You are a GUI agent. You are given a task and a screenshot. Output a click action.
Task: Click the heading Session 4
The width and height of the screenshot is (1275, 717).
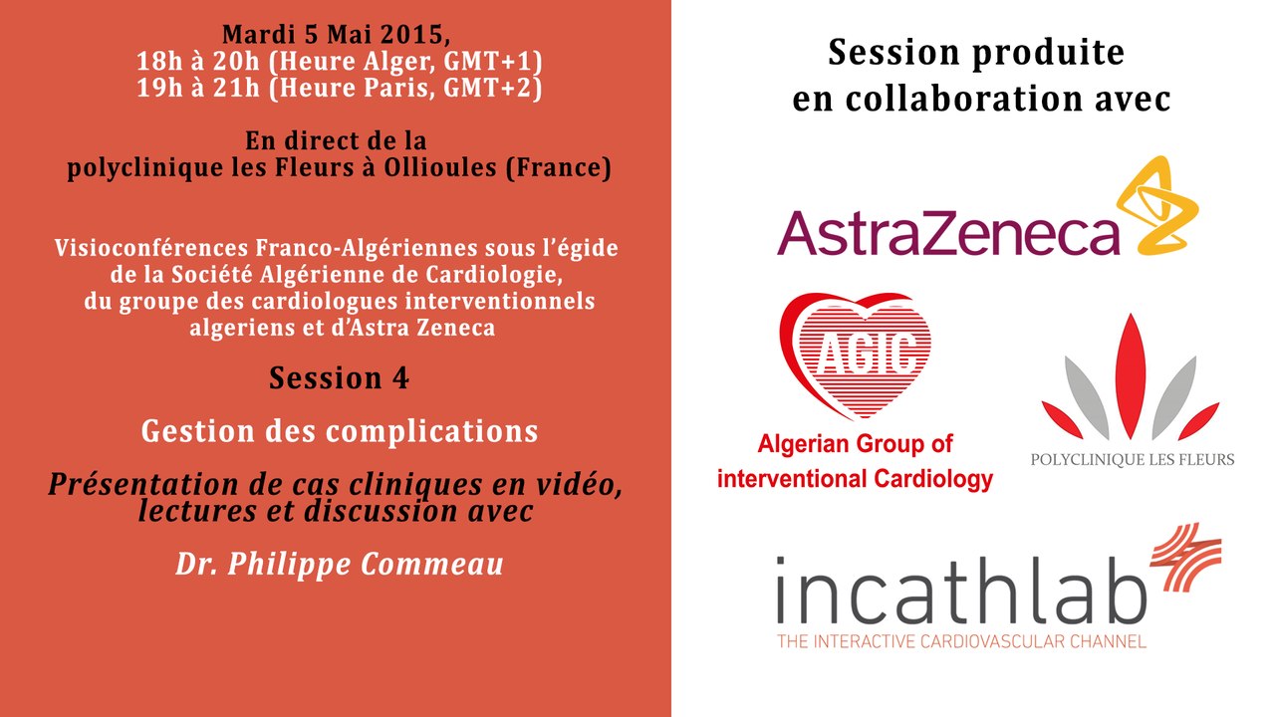(x=340, y=378)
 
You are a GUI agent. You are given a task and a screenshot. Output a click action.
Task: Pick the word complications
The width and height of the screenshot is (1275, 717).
(x=431, y=431)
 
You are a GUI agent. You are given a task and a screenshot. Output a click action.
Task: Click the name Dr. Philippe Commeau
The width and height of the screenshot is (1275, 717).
(x=340, y=565)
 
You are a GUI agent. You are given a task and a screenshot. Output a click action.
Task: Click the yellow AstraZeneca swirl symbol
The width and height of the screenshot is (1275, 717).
(x=1157, y=206)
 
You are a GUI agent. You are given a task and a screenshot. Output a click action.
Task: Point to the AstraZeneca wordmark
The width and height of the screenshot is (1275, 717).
(x=948, y=233)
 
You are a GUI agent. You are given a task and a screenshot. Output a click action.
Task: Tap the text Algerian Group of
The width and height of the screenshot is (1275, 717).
(x=855, y=444)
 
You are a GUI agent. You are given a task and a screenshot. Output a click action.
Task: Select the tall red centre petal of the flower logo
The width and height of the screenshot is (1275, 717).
(x=1131, y=375)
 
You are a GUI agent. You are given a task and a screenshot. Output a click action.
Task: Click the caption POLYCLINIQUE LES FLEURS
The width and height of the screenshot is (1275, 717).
(x=1133, y=460)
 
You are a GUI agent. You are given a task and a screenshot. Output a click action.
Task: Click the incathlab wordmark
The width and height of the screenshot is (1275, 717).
(x=962, y=592)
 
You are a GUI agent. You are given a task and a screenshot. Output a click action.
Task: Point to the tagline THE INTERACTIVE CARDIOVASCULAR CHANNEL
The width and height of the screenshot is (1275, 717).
(x=962, y=642)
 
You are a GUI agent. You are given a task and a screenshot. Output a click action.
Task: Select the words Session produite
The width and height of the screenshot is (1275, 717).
(x=976, y=53)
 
